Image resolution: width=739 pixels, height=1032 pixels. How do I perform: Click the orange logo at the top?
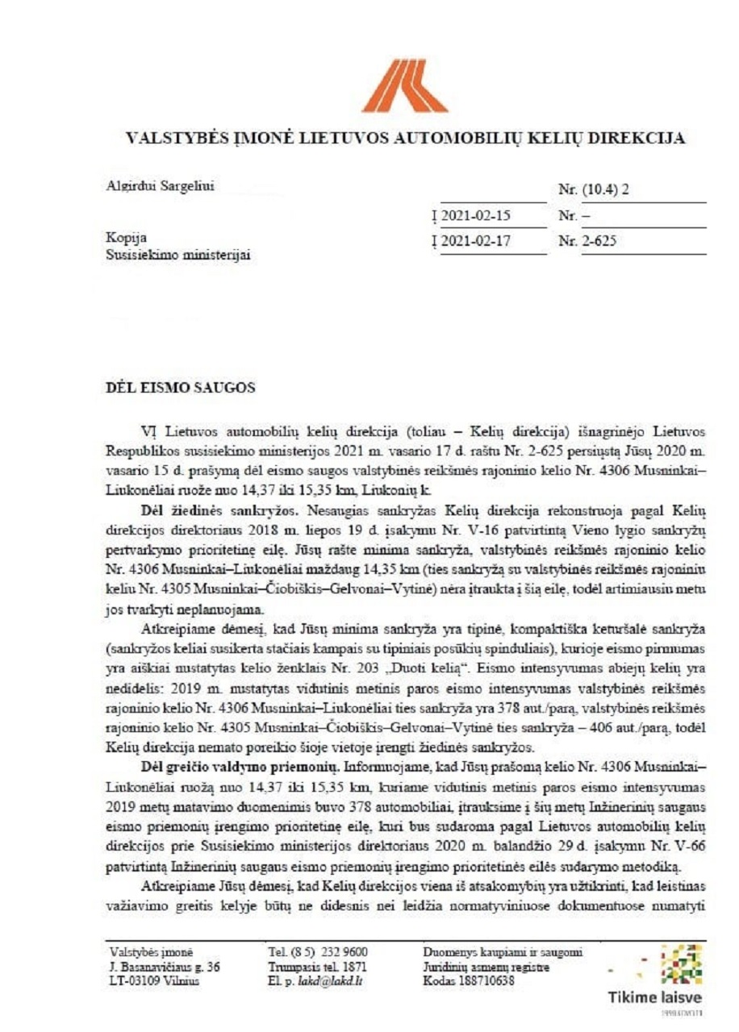coord(403,85)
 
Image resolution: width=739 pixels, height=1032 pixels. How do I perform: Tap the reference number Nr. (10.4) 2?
coord(593,190)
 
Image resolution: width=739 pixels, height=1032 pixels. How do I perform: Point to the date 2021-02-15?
coord(475,216)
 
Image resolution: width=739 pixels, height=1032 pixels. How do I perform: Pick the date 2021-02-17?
coord(475,241)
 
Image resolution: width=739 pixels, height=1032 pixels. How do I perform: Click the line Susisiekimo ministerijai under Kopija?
coord(178,256)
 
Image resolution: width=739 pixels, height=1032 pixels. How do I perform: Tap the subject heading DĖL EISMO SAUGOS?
coord(181,387)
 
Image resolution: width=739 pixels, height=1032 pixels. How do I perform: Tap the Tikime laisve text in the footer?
coord(655,997)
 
